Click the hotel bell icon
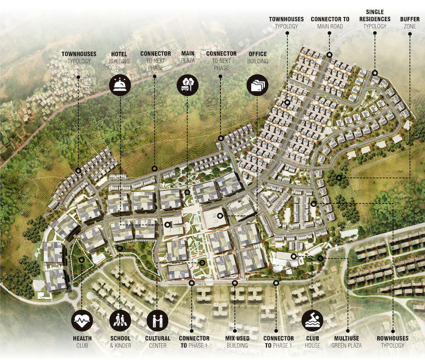point(120,86)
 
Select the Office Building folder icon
point(257,86)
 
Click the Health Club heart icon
point(82,321)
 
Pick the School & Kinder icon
point(120,321)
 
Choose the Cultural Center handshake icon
point(158,321)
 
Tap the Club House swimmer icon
point(312,321)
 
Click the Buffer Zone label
point(410,22)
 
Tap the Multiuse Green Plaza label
point(347,341)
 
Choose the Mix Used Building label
point(237,341)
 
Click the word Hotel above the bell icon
point(120,54)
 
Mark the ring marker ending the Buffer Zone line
point(340,178)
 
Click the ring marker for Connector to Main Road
point(329,55)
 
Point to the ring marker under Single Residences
point(374,72)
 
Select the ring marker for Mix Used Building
point(235,283)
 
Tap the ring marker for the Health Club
point(82,260)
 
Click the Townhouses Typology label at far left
point(79,57)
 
